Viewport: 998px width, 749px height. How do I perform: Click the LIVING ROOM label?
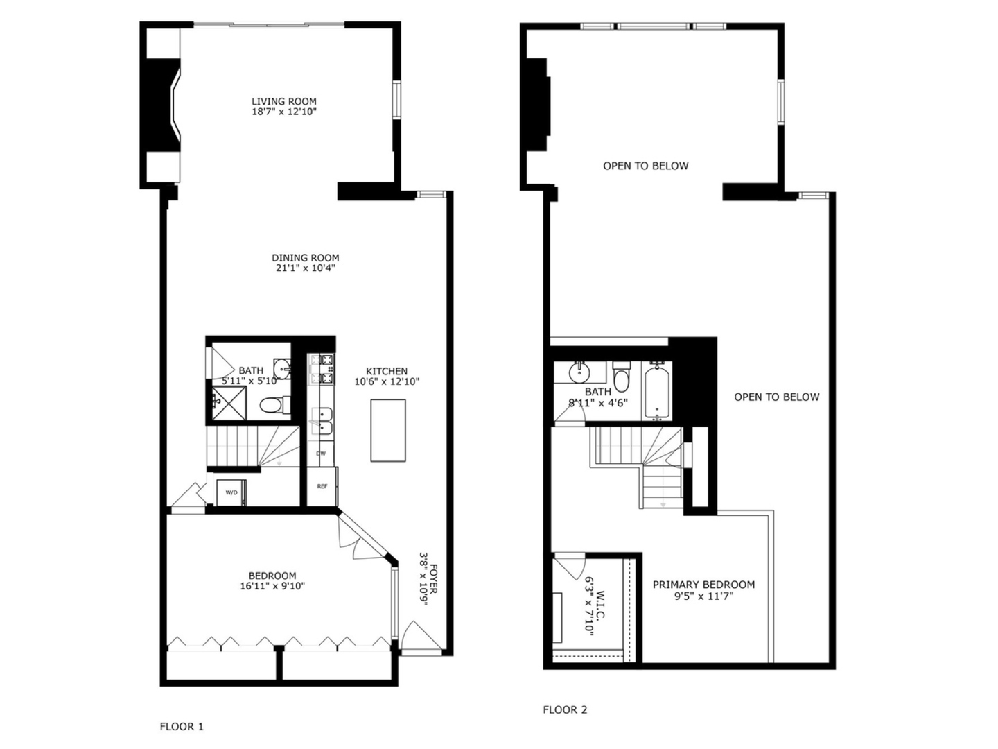[x=284, y=101]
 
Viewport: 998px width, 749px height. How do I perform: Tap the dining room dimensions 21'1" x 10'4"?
[x=306, y=268]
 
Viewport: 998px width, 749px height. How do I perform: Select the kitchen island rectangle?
[x=388, y=430]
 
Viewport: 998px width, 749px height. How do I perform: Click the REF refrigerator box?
[x=322, y=486]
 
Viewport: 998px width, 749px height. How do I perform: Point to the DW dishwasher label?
[x=321, y=454]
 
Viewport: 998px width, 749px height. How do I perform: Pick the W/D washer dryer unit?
[x=231, y=492]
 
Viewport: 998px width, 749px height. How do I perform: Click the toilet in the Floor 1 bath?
[x=275, y=405]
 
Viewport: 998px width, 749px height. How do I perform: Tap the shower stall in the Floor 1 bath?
[x=229, y=403]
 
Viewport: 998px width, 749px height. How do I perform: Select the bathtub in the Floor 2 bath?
[x=656, y=390]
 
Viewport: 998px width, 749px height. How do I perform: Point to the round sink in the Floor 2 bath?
[x=579, y=372]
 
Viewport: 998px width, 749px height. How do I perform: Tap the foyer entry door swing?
[x=421, y=637]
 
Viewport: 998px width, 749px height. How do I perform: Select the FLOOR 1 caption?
[x=182, y=726]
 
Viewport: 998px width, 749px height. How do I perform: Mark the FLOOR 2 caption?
[x=565, y=709]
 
